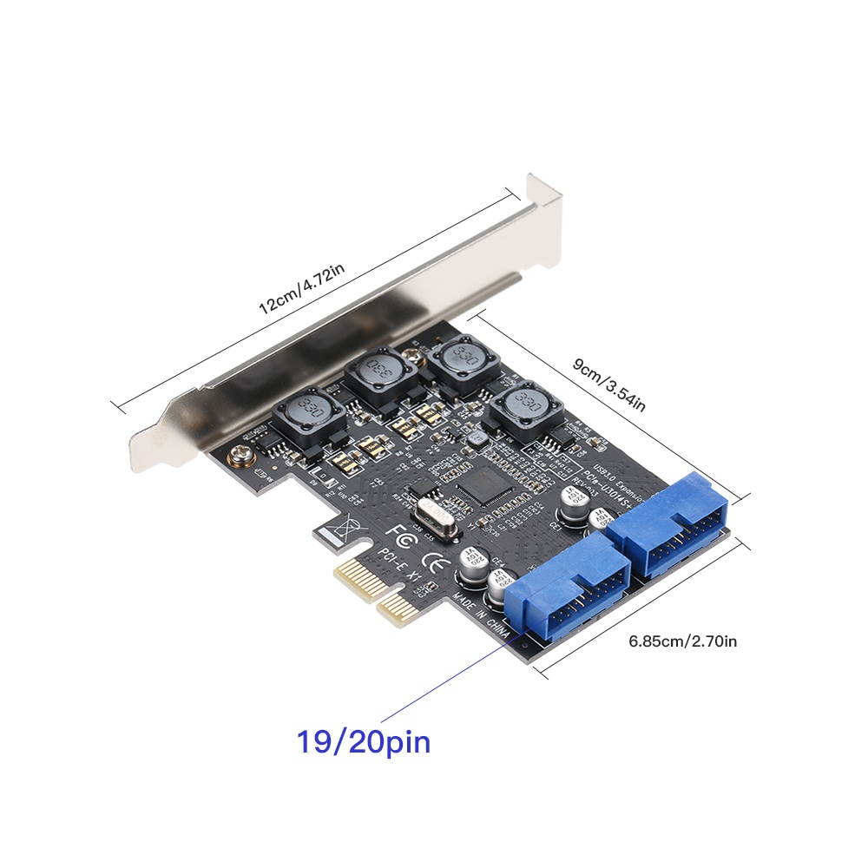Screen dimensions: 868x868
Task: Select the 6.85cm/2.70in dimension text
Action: coord(682,642)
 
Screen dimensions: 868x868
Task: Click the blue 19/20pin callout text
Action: coord(364,743)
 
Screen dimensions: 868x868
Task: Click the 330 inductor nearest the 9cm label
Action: coord(523,405)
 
